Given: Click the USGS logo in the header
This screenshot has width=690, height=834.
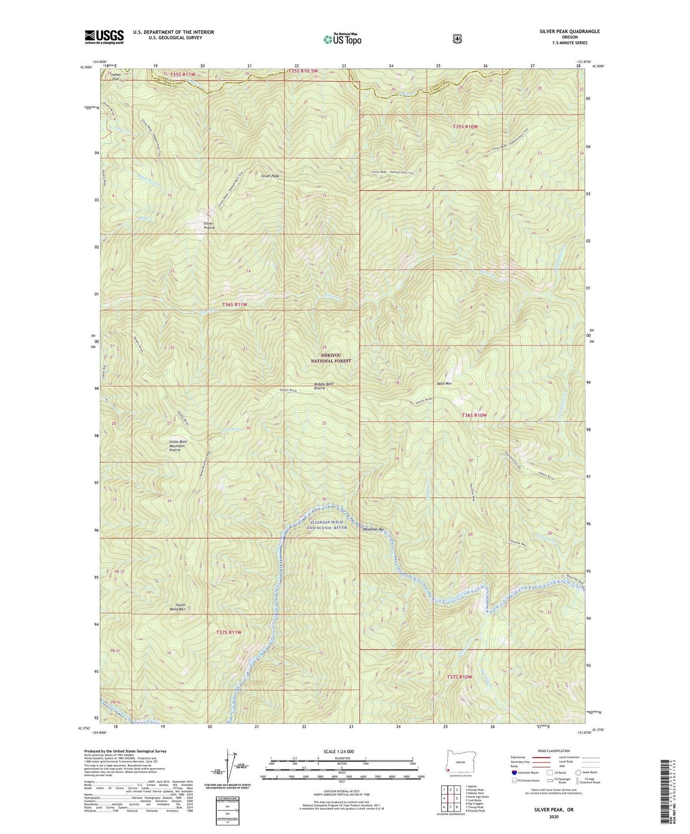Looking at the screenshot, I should tap(104, 37).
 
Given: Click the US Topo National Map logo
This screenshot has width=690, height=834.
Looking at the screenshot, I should tap(342, 39).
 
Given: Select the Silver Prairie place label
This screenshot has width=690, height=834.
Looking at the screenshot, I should tap(209, 225).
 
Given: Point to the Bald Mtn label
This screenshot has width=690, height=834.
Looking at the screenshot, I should tap(444, 383).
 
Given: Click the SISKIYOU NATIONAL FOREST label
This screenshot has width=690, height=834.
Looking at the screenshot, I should tap(330, 358).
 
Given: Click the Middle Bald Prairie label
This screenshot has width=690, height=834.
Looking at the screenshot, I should tap(323, 386).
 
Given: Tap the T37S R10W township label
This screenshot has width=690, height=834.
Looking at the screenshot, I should tap(459, 677).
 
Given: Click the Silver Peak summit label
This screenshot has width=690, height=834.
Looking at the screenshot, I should tap(270, 176).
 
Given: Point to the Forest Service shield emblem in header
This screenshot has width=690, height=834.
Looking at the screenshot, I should tap(457, 39).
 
